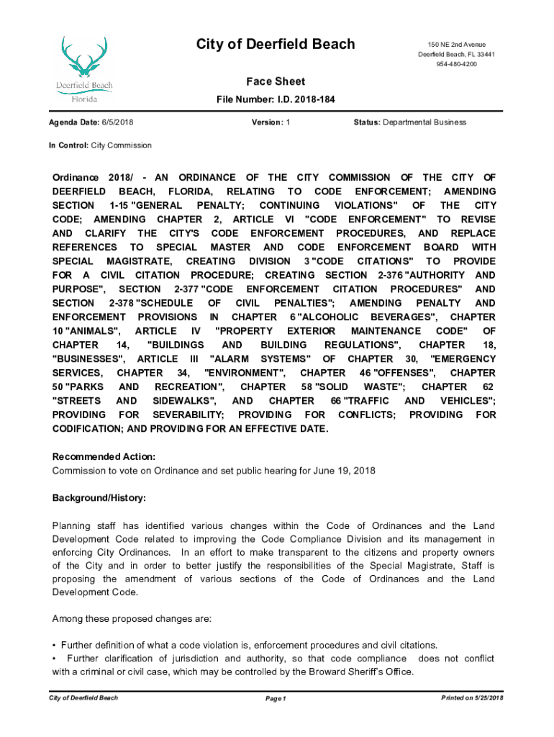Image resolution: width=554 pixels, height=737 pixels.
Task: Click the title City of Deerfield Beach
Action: point(276,45)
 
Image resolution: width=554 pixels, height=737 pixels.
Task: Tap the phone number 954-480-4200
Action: point(456,65)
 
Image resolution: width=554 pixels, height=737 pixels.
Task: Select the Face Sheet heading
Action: point(276,82)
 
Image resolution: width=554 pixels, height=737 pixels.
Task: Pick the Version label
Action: point(266,122)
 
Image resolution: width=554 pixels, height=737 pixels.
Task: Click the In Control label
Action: point(68,145)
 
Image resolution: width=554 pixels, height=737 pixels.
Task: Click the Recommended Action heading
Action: point(104,456)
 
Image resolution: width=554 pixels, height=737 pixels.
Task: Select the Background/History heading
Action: point(99,498)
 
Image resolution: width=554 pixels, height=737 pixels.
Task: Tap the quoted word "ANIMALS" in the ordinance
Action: point(94,331)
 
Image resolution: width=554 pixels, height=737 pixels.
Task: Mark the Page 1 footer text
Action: point(276,699)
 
